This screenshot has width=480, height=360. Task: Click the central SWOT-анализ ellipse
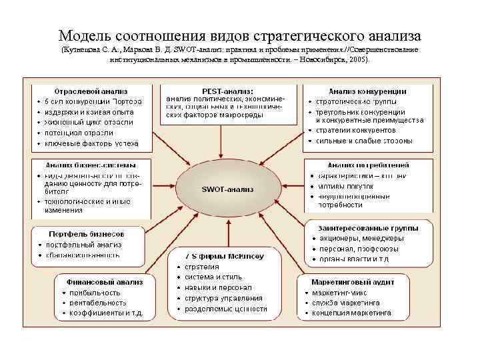point(227,189)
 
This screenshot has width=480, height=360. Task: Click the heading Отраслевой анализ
point(91,90)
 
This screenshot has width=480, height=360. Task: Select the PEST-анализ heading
point(227,91)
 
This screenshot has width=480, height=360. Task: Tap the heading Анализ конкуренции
point(367,91)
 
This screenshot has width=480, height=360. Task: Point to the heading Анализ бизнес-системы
point(91,165)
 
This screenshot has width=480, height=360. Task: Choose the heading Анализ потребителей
point(368,165)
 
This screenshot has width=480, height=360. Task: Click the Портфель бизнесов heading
point(87,234)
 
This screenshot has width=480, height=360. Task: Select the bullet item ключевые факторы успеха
point(91,143)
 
